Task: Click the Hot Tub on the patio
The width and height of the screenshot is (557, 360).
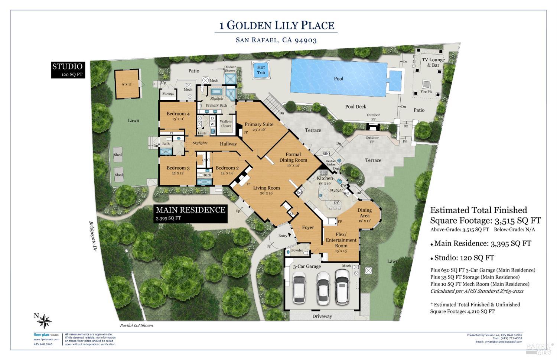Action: click(261, 70)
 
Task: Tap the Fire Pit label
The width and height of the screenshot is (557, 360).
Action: click(426, 92)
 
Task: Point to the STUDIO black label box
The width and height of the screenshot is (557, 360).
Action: click(68, 69)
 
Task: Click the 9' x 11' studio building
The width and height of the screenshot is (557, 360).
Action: click(128, 84)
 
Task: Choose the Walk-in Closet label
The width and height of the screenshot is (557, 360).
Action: click(226, 123)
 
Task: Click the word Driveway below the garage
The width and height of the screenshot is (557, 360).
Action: click(322, 316)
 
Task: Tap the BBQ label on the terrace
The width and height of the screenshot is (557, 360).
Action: click(326, 153)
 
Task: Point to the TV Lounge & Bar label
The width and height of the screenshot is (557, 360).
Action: click(433, 62)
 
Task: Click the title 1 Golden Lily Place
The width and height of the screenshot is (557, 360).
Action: click(277, 25)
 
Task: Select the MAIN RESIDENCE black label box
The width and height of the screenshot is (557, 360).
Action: click(190, 213)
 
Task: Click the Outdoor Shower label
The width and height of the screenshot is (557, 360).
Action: click(230, 69)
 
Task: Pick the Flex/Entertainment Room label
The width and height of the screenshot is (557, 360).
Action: click(341, 240)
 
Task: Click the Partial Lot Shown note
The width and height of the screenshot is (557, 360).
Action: click(136, 325)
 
